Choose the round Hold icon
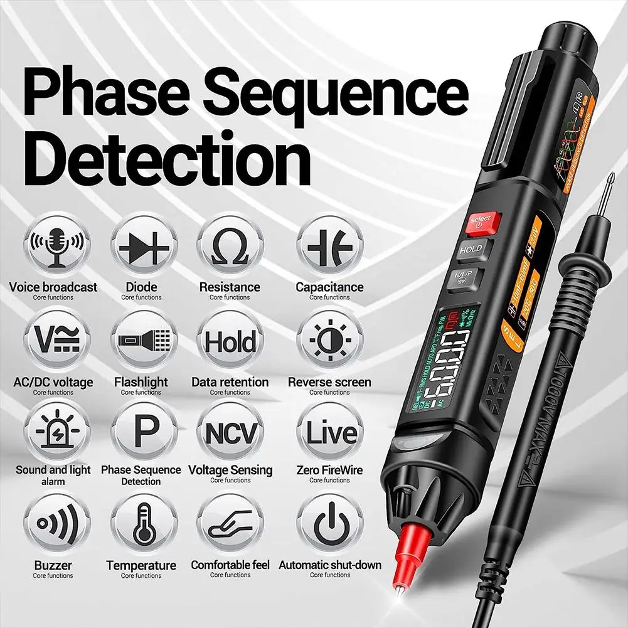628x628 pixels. click(230, 343)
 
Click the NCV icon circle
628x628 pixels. click(230, 433)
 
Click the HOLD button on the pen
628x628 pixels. click(470, 249)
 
